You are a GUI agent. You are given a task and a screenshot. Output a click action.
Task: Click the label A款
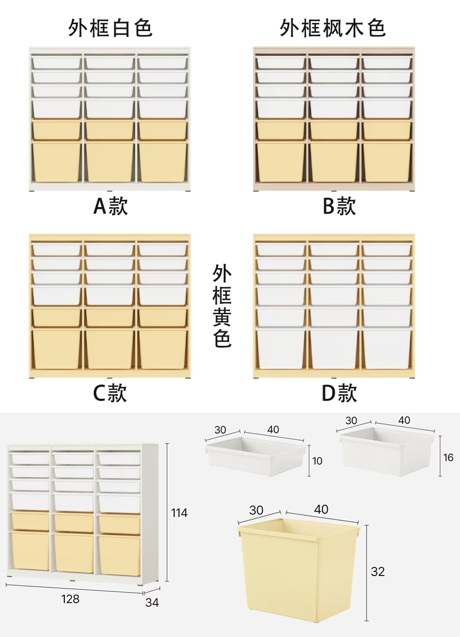(110, 205)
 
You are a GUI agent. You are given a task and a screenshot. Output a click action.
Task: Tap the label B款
(339, 205)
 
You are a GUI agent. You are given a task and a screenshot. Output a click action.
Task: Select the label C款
(110, 393)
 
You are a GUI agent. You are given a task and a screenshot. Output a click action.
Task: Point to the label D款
(339, 393)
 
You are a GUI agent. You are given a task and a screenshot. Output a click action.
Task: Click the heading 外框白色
(110, 28)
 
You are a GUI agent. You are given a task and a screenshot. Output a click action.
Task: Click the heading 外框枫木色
(333, 28)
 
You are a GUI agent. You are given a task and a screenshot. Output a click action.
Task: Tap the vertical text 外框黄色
(222, 306)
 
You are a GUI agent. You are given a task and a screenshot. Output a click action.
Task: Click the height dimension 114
(179, 513)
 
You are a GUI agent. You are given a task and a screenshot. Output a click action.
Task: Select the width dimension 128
(70, 599)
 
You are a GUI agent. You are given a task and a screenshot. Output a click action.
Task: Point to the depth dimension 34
(152, 602)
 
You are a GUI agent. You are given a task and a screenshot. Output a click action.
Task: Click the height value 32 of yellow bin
(378, 571)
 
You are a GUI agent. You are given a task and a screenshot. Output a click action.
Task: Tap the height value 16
(449, 457)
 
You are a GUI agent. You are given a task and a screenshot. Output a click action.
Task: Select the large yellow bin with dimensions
(299, 570)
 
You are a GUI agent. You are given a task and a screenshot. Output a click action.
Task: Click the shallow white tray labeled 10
(253, 457)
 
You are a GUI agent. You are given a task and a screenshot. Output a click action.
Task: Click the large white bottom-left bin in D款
(281, 348)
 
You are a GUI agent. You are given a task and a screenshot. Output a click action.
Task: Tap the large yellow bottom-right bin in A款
(163, 162)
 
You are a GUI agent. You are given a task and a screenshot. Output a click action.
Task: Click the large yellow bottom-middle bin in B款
(333, 162)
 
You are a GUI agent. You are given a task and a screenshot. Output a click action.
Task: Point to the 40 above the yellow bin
(321, 509)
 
